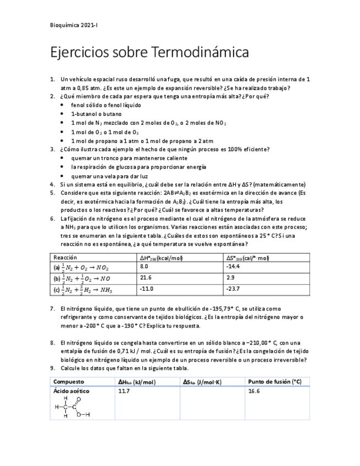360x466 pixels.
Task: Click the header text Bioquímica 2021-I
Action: pyautogui.click(x=74, y=25)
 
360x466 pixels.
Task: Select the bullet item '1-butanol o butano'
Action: pyautogui.click(x=96, y=114)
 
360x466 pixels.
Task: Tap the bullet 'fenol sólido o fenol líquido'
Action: pyautogui.click(x=106, y=105)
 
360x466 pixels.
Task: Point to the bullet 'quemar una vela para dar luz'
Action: pyautogui.click(x=109, y=176)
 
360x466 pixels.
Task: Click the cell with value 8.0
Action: pyautogui.click(x=145, y=266)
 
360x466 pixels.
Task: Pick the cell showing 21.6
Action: pyautogui.click(x=146, y=278)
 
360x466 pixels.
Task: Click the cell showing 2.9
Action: pyautogui.click(x=230, y=278)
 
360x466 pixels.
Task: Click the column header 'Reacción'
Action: pyautogui.click(x=65, y=257)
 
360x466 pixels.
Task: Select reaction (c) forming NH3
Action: pyautogui.click(x=83, y=290)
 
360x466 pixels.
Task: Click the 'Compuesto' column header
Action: pyautogui.click(x=69, y=381)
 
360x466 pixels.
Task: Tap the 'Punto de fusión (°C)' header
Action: pyautogui.click(x=274, y=381)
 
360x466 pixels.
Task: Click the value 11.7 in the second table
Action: pyautogui.click(x=124, y=391)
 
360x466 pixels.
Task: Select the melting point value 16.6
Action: pyautogui.click(x=253, y=391)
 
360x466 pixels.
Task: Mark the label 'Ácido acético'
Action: pyautogui.click(x=71, y=391)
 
